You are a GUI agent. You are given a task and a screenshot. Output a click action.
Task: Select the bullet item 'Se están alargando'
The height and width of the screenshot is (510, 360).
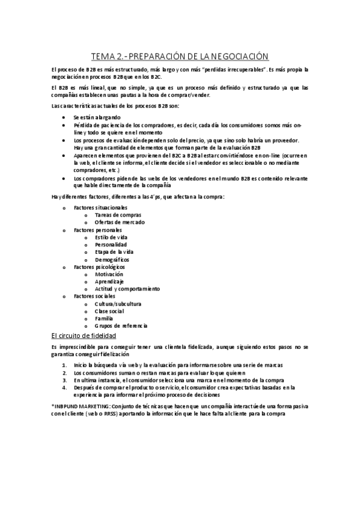97,117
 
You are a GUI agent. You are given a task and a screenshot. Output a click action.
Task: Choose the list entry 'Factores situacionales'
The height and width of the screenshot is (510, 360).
100,207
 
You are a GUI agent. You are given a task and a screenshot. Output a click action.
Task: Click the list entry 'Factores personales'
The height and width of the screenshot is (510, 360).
97,230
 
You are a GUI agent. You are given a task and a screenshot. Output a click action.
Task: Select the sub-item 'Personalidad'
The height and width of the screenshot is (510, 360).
111,245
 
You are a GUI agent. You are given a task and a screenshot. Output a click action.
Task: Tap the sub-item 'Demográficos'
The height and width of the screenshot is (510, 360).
112,259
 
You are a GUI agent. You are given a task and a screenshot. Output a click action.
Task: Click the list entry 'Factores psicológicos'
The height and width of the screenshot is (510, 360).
99,266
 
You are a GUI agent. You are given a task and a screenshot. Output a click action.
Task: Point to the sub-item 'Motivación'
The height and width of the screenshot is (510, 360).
109,274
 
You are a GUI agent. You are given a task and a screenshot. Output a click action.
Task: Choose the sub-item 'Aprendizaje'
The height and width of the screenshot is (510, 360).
109,281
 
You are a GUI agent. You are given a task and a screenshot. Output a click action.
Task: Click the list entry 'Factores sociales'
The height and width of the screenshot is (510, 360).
95,296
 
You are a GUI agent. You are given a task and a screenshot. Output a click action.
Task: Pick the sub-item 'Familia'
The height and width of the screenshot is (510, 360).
104,318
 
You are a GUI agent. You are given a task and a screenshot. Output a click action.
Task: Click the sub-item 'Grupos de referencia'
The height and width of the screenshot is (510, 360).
121,325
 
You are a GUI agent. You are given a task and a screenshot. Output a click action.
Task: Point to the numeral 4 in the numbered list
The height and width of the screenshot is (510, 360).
64,387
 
